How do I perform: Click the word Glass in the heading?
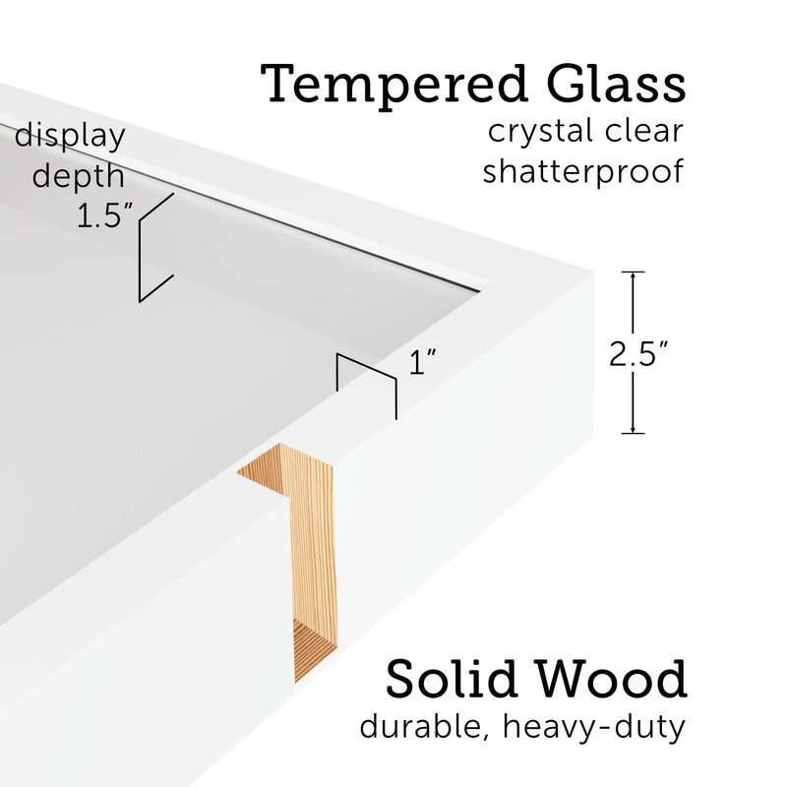(607, 86)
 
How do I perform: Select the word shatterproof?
(582, 172)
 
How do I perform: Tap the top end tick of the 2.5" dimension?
(633, 272)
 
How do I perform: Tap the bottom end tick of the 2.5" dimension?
(633, 433)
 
